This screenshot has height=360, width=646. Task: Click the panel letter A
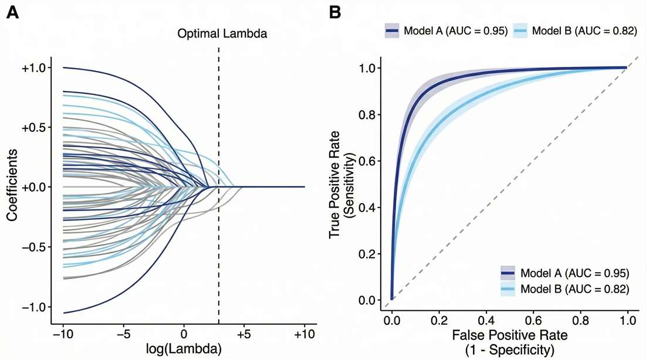pos(12,12)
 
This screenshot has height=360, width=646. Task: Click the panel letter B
pos(335,12)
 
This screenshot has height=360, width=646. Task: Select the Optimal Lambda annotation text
pos(222,34)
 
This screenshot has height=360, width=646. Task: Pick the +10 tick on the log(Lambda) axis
pos(304,335)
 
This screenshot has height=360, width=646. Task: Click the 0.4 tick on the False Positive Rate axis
pos(485,321)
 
